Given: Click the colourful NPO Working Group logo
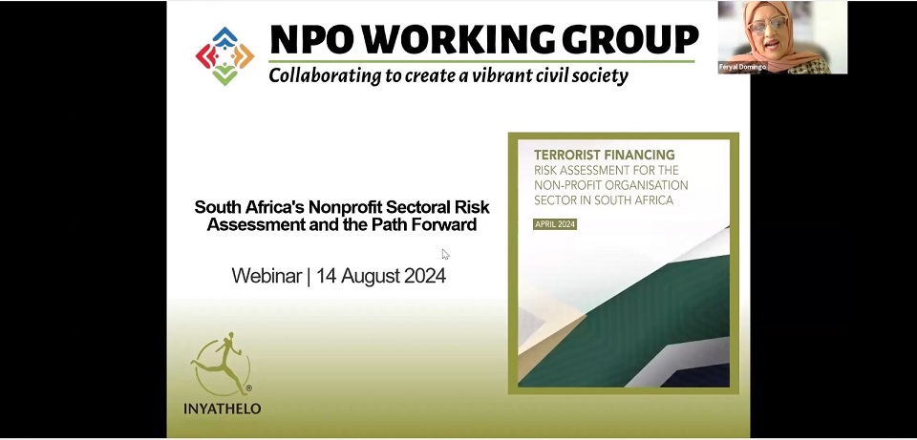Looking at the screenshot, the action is tap(224, 56).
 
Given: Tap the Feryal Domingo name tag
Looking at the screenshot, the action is tap(742, 68).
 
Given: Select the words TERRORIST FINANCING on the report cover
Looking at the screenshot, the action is tap(604, 155).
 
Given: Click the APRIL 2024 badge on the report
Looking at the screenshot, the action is tap(555, 224).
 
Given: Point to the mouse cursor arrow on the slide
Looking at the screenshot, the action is tap(446, 254).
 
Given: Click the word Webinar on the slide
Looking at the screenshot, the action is tap(267, 275).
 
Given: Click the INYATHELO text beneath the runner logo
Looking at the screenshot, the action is tap(223, 409).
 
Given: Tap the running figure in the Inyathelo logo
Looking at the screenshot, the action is tap(220, 362).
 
